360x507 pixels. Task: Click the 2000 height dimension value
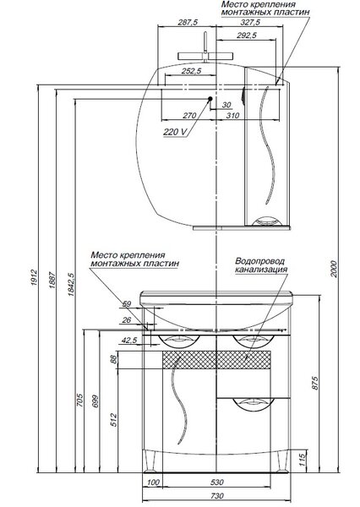click(x=334, y=269)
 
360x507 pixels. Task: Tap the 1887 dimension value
click(x=52, y=280)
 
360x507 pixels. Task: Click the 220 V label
click(x=175, y=132)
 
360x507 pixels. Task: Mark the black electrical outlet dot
click(x=210, y=99)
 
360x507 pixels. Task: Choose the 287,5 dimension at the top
click(x=188, y=22)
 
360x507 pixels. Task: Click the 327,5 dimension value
click(x=250, y=22)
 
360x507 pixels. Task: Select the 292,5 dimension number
click(x=247, y=35)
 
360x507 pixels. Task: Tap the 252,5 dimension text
click(x=191, y=71)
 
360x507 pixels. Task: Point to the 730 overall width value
click(x=217, y=496)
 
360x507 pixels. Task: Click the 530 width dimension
click(x=217, y=482)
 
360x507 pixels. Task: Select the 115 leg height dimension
click(x=302, y=460)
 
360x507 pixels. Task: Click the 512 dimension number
click(x=114, y=420)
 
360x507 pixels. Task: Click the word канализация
click(x=261, y=270)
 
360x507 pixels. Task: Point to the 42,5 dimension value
click(x=129, y=341)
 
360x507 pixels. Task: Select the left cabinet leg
click(x=150, y=462)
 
